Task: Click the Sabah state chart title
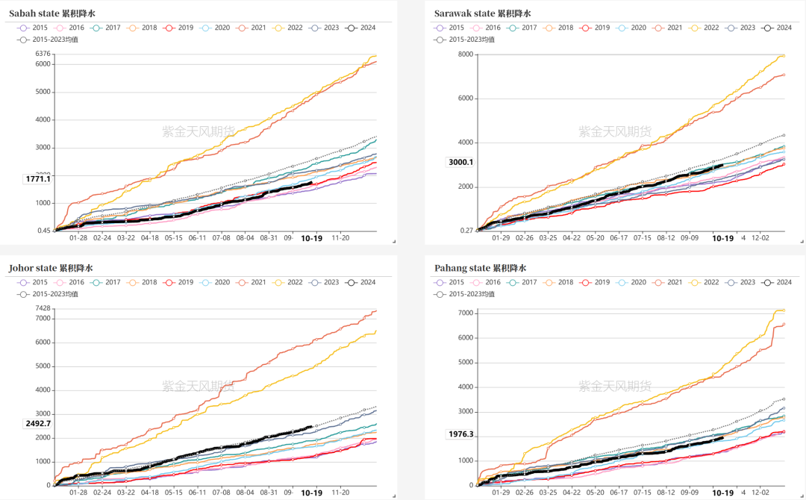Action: tap(52, 13)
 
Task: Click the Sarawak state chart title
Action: tap(482, 13)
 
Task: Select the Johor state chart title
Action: tap(51, 268)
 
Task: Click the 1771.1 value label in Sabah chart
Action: tap(38, 179)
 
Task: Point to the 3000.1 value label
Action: tap(460, 162)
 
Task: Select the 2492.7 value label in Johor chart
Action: tap(38, 423)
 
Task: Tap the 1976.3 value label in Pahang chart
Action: tap(460, 434)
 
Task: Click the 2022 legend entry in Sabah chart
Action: tap(287, 28)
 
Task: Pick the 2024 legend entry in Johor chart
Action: tap(360, 282)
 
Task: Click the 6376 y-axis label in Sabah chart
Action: tap(43, 54)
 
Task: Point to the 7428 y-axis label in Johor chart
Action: tap(43, 308)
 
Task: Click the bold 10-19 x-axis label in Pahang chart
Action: tap(722, 493)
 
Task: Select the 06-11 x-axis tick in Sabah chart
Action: tap(198, 238)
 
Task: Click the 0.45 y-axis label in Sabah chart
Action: tap(43, 231)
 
